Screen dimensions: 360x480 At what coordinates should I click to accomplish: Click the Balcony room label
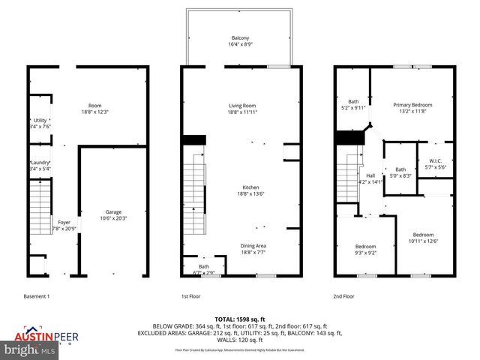pyautogui.click(x=240, y=40)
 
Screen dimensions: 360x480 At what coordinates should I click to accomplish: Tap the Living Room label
pyautogui.click(x=242, y=109)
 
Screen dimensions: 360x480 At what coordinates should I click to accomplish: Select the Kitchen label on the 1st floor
pyautogui.click(x=250, y=190)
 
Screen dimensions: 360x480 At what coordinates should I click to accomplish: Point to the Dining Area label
pyautogui.click(x=253, y=249)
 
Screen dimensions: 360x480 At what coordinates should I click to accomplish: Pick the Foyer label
pyautogui.click(x=64, y=225)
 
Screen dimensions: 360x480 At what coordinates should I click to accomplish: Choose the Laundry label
pyautogui.click(x=40, y=166)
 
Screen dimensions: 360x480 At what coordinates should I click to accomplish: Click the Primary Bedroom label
pyautogui.click(x=412, y=109)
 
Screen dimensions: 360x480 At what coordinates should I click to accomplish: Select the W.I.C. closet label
pyautogui.click(x=436, y=163)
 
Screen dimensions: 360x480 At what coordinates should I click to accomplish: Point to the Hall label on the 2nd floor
pyautogui.click(x=370, y=178)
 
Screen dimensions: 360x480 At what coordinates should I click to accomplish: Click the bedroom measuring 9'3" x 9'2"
pyautogui.click(x=365, y=250)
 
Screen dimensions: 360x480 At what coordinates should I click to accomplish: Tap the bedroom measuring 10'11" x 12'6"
pyautogui.click(x=422, y=238)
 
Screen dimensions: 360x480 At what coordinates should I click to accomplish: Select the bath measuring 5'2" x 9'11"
pyautogui.click(x=353, y=104)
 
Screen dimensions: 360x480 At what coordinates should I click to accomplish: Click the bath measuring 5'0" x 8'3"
pyautogui.click(x=400, y=172)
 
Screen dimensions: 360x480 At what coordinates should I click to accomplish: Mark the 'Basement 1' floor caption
pyautogui.click(x=37, y=296)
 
